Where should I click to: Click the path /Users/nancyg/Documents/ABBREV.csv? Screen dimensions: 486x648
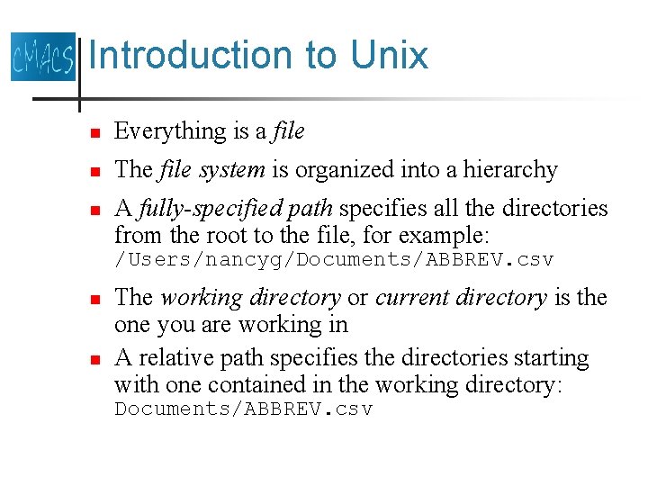point(333,260)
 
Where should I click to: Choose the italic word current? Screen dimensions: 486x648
point(415,298)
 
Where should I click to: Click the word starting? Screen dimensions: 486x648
point(551,358)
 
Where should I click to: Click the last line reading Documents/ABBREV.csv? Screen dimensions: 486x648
point(243,409)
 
